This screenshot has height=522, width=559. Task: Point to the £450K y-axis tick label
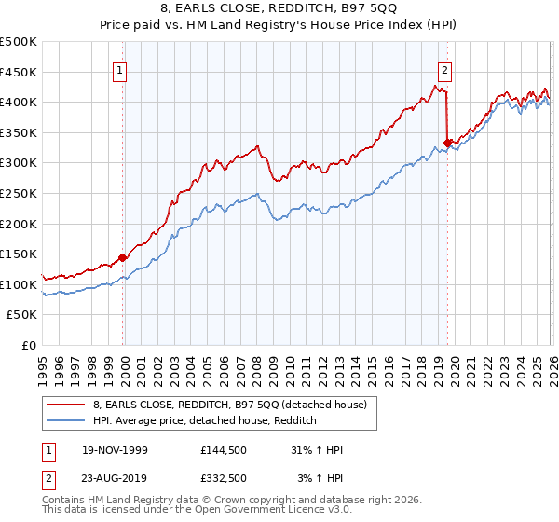point(19,72)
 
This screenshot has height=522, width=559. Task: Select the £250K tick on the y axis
point(19,193)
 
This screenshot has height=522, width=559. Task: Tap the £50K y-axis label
point(22,315)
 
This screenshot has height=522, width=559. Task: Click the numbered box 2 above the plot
point(445,69)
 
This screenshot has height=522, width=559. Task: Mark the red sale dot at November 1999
point(122,258)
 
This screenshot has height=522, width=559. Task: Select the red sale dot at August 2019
point(447,143)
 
